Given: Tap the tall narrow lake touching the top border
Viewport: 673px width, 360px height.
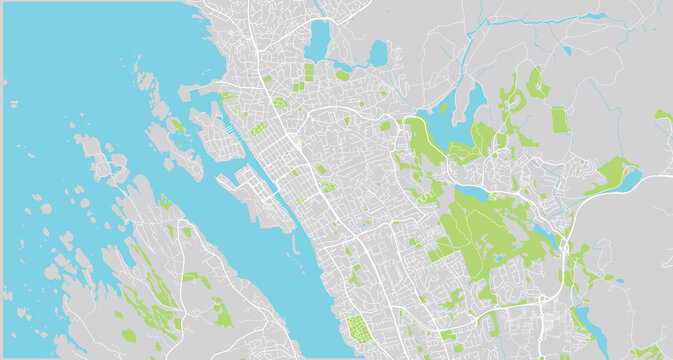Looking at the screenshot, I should coord(319,40).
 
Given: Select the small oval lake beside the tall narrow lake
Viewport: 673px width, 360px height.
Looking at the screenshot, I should coord(378,52).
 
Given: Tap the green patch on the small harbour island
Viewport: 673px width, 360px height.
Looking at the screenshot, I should coord(176,126).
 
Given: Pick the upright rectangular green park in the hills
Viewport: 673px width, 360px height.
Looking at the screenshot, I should coord(558,120).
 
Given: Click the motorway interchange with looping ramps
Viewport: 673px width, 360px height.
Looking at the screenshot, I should coord(565,244).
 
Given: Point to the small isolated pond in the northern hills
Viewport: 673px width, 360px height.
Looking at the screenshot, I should coord(565,49).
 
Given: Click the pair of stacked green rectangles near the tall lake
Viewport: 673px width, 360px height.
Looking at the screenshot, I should coord(309,73).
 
